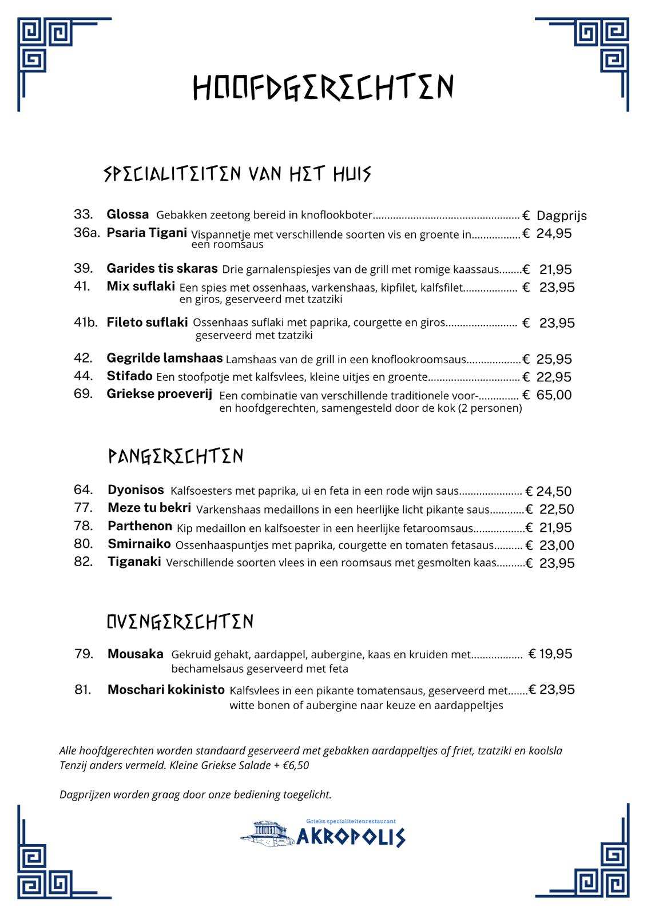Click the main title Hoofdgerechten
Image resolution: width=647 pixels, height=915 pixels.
pyautogui.click(x=323, y=87)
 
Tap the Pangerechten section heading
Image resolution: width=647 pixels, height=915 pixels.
pyautogui.click(x=176, y=456)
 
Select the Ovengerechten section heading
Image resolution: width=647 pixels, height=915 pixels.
pyautogui.click(x=180, y=622)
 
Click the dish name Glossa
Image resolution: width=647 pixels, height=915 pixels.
pyautogui.click(x=128, y=214)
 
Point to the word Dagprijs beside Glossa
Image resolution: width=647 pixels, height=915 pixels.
pyautogui.click(x=561, y=216)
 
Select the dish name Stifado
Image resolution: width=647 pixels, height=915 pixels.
pyautogui.click(x=129, y=376)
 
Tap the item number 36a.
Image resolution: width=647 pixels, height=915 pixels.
pyautogui.click(x=86, y=233)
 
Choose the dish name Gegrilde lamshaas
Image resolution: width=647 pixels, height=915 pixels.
pyautogui.click(x=164, y=358)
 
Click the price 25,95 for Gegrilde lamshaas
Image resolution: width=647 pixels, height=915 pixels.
pyautogui.click(x=554, y=359)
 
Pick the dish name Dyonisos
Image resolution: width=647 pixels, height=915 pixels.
pyautogui.click(x=136, y=490)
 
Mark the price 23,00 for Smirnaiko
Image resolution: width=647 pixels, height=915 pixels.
pyautogui.click(x=556, y=545)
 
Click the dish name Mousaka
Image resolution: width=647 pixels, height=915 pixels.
pyautogui.click(x=135, y=654)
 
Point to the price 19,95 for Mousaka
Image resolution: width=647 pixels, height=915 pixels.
pyautogui.click(x=555, y=654)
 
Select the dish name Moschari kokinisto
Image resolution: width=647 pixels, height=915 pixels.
pyautogui.click(x=166, y=690)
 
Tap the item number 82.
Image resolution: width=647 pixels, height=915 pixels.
pyautogui.click(x=83, y=562)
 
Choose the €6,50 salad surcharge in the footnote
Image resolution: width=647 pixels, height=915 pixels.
pyautogui.click(x=296, y=765)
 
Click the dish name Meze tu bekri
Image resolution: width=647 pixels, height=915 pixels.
pyautogui.click(x=149, y=508)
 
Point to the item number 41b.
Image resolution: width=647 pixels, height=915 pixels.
pyautogui.click(x=86, y=323)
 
